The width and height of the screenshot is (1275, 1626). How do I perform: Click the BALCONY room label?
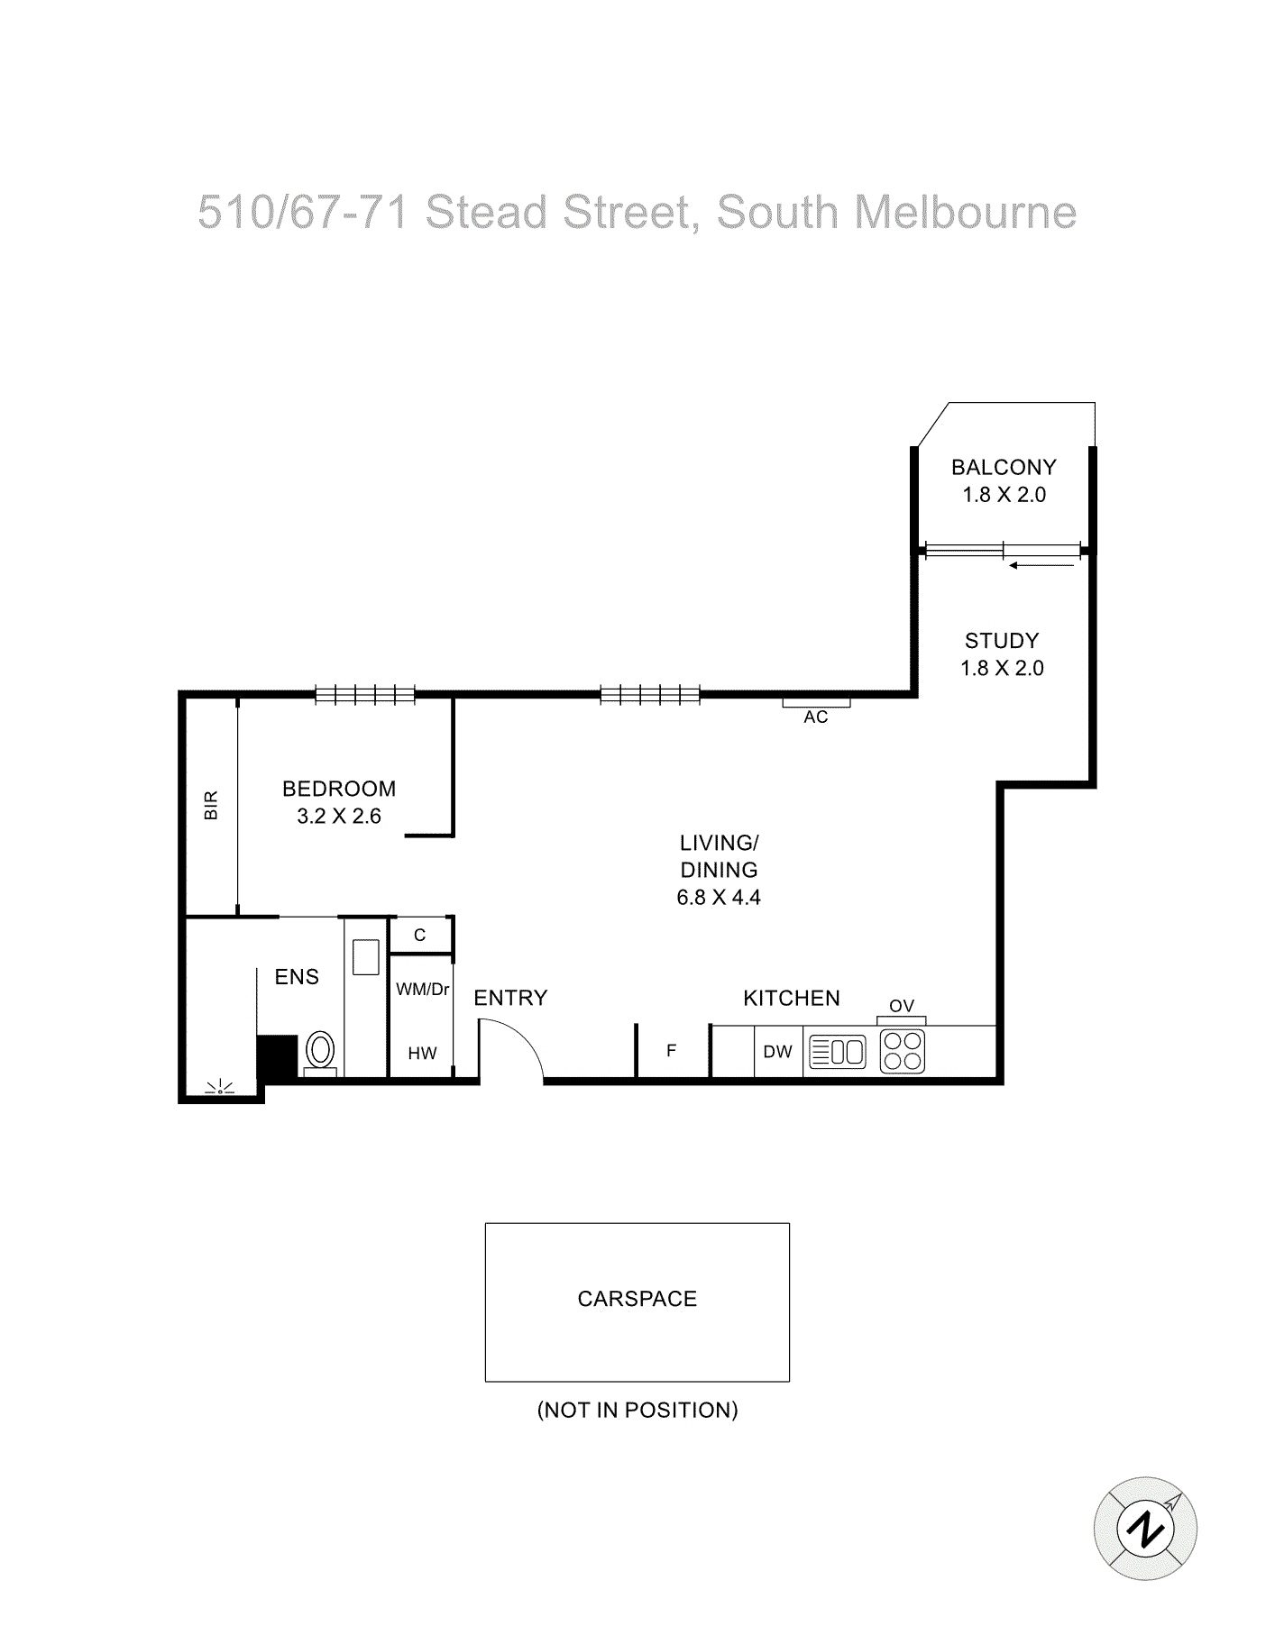(1004, 467)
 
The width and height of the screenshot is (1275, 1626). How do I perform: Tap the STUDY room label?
(1002, 641)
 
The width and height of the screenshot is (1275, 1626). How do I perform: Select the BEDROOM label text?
(339, 789)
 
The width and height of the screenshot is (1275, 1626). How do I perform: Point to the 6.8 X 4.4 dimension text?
(719, 898)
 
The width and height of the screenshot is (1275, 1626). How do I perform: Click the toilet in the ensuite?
(320, 1051)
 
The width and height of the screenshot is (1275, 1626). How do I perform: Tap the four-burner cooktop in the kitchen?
(903, 1051)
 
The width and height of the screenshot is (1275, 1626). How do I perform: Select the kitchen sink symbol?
(838, 1052)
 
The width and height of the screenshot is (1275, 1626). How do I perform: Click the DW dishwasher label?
(777, 1052)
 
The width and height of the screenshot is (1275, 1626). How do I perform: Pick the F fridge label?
(671, 1050)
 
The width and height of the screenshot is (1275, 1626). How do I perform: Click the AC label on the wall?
(816, 717)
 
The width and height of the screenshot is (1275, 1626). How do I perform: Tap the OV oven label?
(902, 1006)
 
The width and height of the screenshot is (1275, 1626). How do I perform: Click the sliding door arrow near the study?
(1041, 566)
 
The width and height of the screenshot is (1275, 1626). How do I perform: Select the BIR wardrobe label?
(211, 805)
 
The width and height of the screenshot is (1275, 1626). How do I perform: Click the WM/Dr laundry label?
(422, 990)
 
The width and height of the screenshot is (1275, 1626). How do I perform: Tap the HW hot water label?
(422, 1054)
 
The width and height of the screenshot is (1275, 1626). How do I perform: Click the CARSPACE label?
(637, 1299)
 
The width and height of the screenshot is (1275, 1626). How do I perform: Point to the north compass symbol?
(1145, 1529)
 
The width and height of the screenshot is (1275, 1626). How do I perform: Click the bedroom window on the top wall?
(365, 695)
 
